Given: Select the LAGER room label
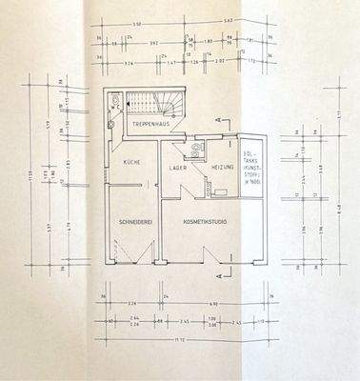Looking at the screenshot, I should click(176, 167).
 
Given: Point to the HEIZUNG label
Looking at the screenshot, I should click(222, 167).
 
